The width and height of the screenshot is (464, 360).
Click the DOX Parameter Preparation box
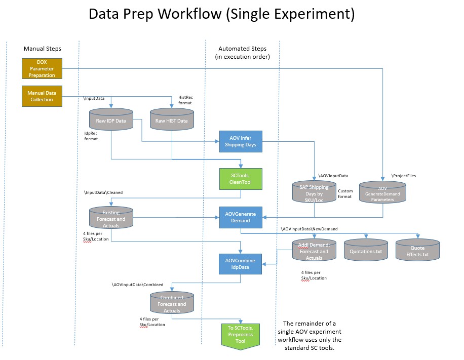coord(42,68)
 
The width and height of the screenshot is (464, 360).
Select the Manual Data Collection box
coord(42,96)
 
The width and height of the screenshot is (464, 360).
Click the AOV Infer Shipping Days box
coord(241,141)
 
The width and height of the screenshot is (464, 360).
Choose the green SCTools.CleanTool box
coord(241,179)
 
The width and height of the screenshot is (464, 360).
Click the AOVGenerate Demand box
coord(241,217)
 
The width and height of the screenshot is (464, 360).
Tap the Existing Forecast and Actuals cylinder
coord(111,216)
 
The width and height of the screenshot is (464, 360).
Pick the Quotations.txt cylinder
coord(366,250)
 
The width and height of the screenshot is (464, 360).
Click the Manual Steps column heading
coord(43,49)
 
